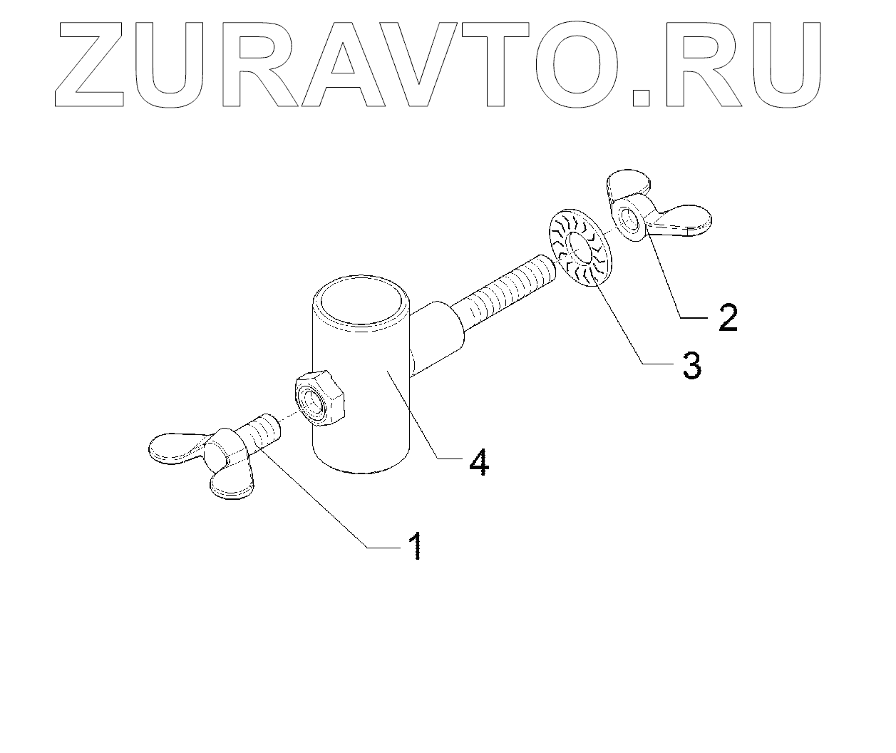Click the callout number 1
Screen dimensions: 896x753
tap(415, 547)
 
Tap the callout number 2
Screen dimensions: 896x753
tap(727, 317)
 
